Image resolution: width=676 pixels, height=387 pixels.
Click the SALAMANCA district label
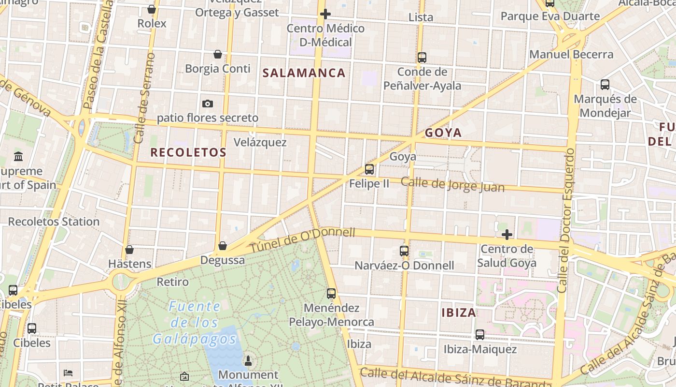click(x=304, y=73)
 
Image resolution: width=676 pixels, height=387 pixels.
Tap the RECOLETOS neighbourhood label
click(x=188, y=152)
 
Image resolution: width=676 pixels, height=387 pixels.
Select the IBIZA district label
click(x=459, y=313)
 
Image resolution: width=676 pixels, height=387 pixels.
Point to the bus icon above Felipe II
click(x=369, y=169)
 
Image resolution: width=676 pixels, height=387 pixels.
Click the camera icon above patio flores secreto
click(x=208, y=104)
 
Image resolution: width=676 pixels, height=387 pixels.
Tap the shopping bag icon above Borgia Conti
click(x=218, y=54)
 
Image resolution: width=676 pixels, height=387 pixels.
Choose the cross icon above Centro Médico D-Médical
click(x=325, y=14)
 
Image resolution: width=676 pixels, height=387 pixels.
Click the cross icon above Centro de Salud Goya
click(x=507, y=235)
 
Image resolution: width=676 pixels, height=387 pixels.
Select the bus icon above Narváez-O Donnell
click(x=404, y=251)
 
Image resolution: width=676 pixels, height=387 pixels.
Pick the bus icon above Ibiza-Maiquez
click(x=480, y=334)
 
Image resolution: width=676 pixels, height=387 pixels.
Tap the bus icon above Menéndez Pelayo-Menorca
click(x=331, y=293)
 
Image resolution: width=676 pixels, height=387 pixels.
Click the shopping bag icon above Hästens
click(x=129, y=250)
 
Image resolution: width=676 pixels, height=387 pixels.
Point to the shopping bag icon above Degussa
click(x=223, y=246)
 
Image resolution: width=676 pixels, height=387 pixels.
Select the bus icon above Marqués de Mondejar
click(x=605, y=85)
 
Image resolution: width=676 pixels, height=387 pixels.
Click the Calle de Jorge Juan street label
click(x=452, y=185)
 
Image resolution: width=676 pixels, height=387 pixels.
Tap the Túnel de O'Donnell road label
click(x=302, y=240)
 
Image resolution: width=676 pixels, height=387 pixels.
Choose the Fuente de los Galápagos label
click(x=195, y=322)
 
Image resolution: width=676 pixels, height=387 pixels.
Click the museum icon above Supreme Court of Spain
click(x=19, y=156)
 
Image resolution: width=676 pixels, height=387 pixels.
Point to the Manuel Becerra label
click(x=571, y=54)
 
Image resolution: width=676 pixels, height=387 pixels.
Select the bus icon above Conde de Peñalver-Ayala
click(x=422, y=58)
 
